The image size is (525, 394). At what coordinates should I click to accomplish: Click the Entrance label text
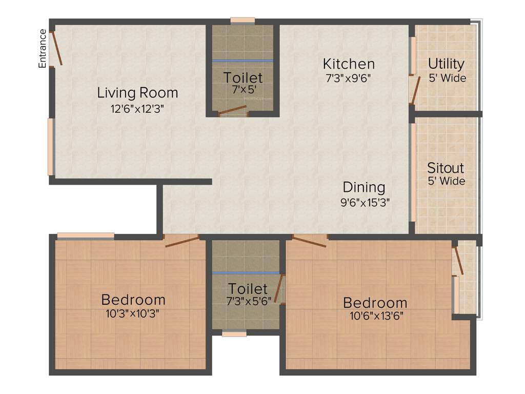(x=43, y=49)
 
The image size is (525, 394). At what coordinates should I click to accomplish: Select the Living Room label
(x=137, y=93)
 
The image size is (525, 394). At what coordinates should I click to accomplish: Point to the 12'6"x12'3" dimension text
(x=137, y=108)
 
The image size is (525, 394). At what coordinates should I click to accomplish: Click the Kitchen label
(x=349, y=64)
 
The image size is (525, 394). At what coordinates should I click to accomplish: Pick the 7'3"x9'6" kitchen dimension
(x=348, y=78)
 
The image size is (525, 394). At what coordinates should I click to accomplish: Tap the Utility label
(x=446, y=64)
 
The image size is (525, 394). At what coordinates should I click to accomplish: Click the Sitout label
(x=446, y=168)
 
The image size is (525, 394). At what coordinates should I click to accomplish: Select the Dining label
(x=364, y=187)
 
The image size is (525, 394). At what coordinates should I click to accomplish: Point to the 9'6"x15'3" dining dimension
(x=366, y=202)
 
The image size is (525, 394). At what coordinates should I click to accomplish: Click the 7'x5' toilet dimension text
(x=243, y=89)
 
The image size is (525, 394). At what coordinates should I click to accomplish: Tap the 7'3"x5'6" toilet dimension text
(x=248, y=301)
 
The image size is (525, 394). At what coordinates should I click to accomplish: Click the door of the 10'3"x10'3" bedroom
(x=181, y=241)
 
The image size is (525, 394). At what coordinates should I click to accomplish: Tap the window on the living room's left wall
(x=51, y=147)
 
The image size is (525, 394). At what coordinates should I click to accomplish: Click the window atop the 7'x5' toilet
(x=243, y=21)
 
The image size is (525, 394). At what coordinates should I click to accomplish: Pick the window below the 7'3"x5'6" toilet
(x=234, y=333)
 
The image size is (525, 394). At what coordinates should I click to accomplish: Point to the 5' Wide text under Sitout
(x=447, y=181)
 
